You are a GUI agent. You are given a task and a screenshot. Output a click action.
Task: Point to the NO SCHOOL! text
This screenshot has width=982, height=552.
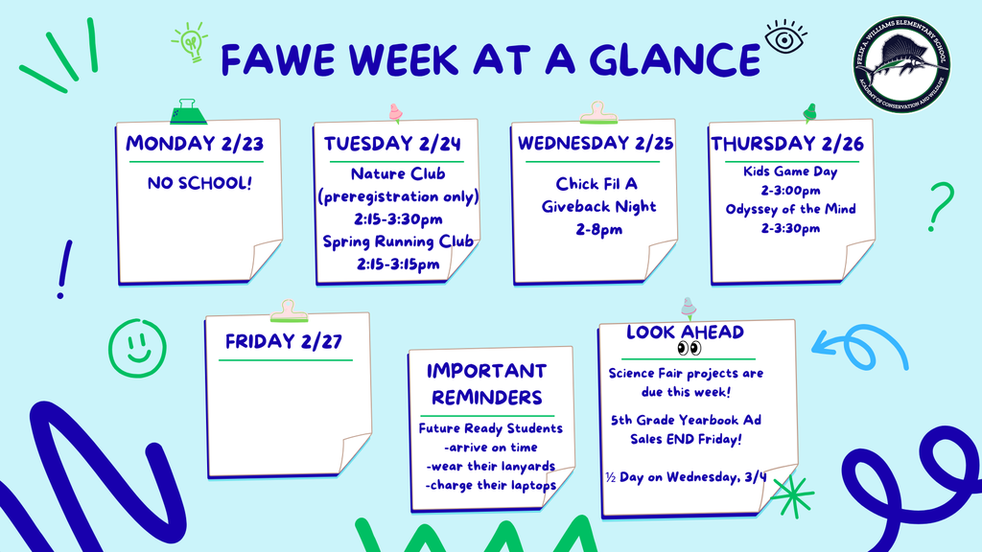coord(199,182)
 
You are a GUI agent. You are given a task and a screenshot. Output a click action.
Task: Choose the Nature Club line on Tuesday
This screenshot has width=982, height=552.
coord(398,174)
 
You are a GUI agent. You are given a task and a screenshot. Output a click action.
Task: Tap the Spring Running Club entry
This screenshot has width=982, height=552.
coord(398,241)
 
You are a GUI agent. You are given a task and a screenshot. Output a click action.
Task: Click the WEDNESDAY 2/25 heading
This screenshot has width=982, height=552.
coord(595,144)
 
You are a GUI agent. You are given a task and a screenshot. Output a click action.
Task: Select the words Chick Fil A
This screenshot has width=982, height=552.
coord(596,183)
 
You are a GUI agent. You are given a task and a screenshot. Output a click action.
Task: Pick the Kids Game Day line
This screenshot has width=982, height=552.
coord(790,172)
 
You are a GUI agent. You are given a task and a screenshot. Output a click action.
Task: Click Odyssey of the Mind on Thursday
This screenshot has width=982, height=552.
coord(790,210)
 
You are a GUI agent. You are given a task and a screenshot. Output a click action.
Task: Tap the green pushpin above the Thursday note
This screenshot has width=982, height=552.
coord(809,112)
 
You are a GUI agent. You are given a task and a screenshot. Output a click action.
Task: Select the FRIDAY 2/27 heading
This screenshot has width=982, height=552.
coord(284,341)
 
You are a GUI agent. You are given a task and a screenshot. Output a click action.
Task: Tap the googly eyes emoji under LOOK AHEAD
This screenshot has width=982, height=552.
coord(689,348)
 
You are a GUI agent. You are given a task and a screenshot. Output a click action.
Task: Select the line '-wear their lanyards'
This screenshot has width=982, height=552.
coord(490,466)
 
